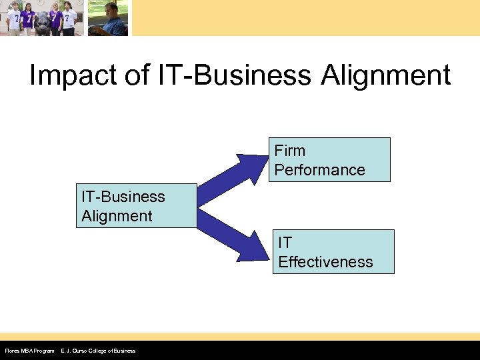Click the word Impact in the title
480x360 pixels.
tap(71, 75)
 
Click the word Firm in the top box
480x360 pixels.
tap(290, 151)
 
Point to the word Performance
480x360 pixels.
tap(319, 170)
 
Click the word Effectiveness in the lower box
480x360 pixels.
tap(325, 262)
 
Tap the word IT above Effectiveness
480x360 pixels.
tap(285, 243)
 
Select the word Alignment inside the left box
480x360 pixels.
tap(117, 216)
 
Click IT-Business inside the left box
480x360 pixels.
tap(123, 197)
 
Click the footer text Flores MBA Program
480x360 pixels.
tap(29, 351)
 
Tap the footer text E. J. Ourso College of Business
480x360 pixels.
tap(98, 351)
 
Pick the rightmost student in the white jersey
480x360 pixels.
tap(67, 18)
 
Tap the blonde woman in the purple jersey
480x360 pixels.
tap(27, 18)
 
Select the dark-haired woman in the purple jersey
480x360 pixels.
tap(55, 19)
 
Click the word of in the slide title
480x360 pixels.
tap(135, 75)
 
